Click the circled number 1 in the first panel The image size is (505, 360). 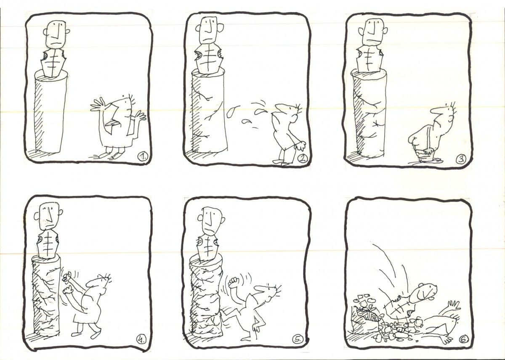[x=143, y=156]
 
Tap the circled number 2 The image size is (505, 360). [x=303, y=159]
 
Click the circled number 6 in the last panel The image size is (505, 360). [x=462, y=339]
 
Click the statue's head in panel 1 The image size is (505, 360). [x=56, y=34]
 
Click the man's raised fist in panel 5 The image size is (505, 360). [x=234, y=283]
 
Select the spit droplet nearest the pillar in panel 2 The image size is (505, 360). [x=231, y=111]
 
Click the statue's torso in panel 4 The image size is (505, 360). [x=48, y=244]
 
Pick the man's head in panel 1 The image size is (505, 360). [x=125, y=108]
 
